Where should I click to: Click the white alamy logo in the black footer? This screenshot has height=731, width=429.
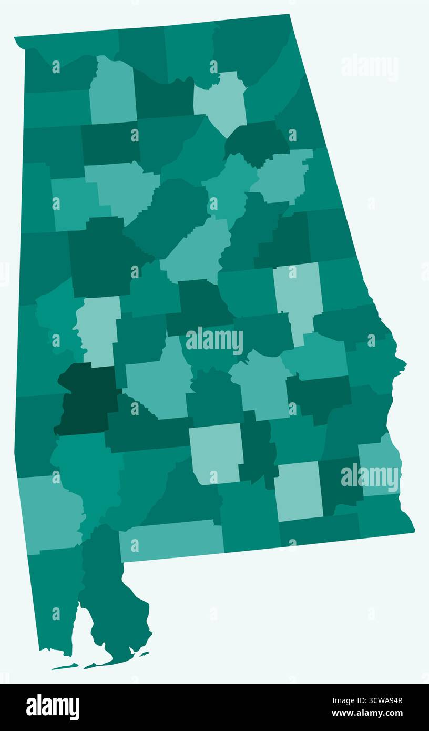coord(53,707)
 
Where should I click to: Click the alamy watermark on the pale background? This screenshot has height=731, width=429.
coord(369,66)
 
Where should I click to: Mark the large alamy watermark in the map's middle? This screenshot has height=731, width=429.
coord(214,341)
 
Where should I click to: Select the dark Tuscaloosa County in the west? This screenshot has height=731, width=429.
coord(100,258)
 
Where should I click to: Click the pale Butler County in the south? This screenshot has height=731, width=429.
coord(216,452)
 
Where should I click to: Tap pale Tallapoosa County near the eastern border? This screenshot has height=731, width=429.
coord(298,297)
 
